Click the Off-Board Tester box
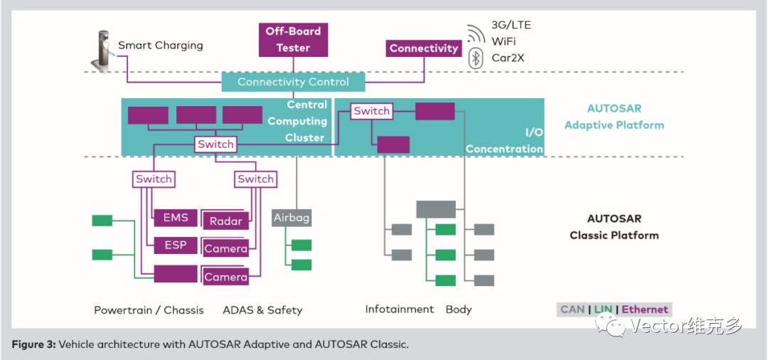tap(294, 40)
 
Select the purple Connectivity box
tap(424, 48)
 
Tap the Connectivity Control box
tap(294, 82)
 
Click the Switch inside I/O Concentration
tap(372, 111)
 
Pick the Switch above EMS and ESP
tap(154, 179)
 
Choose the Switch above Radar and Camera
tap(256, 179)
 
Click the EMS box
tap(176, 218)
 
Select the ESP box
tap(176, 245)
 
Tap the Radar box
tap(226, 221)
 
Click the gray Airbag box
tap(292, 218)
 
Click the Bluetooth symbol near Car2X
tap(474, 58)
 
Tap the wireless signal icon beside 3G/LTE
tap(476, 33)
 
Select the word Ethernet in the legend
tap(644, 309)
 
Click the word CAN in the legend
tap(572, 309)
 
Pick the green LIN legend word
tap(604, 309)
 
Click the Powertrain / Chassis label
tap(149, 310)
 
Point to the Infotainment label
tap(400, 309)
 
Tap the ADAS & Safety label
tap(262, 310)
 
